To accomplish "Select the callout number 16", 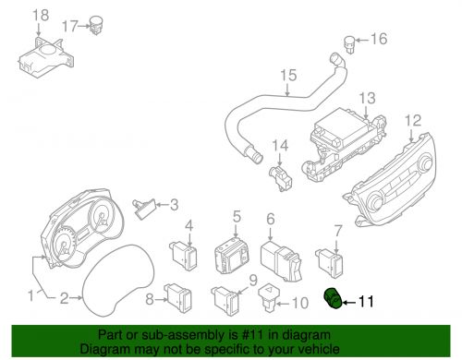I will click(x=380, y=39).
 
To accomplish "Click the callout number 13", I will click(x=367, y=98).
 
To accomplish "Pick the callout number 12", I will click(x=412, y=120).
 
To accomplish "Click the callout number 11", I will click(x=368, y=301).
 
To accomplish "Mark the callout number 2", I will click(x=64, y=298).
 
